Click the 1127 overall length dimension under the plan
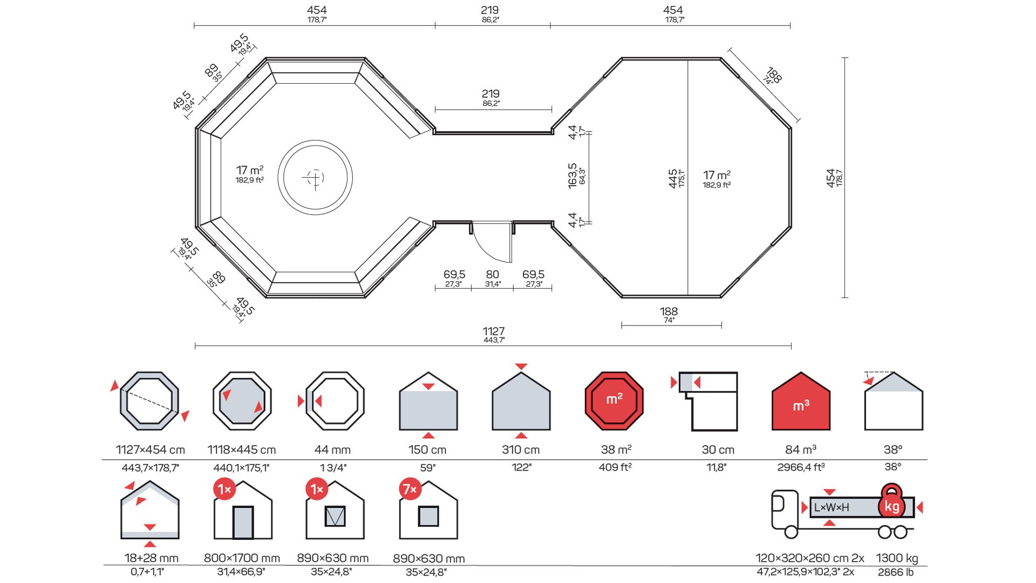pos(493,331)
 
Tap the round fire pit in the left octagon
pos(315,177)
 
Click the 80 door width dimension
pos(492,275)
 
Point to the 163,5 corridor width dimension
pos(572,175)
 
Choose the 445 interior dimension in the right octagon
pos(673,178)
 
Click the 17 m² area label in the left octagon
pos(249,171)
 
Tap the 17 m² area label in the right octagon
pos(717,175)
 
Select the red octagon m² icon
pos(614,401)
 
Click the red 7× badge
pos(410,489)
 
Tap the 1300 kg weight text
pos(897,558)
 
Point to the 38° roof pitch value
pos(893,450)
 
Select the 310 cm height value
pos(521,450)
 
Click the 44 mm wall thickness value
pos(332,450)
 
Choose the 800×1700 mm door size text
pos(242,558)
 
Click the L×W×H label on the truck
pos(831,507)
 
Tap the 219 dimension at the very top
pos(490,10)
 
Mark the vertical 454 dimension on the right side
pos(831,178)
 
